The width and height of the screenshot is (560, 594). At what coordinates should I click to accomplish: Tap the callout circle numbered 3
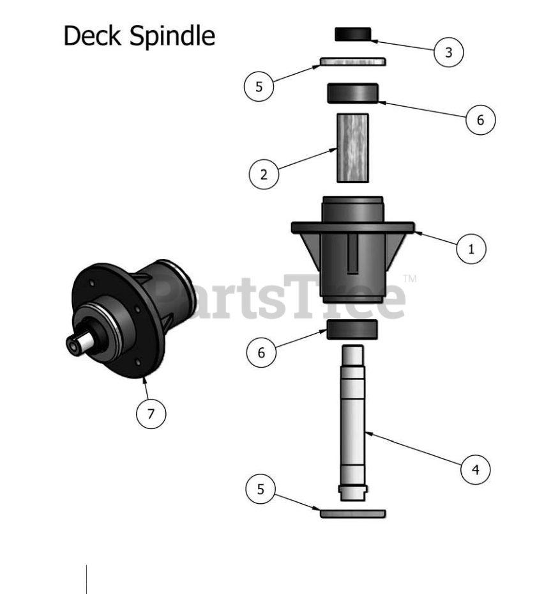(x=448, y=52)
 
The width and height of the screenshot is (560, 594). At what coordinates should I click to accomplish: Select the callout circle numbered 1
(x=471, y=249)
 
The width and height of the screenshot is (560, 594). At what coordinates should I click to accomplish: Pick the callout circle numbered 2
(x=264, y=175)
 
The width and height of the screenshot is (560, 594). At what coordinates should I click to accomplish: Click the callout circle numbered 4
(x=475, y=470)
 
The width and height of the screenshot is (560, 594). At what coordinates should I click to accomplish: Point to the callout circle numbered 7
(x=151, y=413)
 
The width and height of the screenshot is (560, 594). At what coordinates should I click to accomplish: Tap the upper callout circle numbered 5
(x=259, y=87)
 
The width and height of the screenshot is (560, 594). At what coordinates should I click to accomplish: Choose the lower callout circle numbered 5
(x=261, y=490)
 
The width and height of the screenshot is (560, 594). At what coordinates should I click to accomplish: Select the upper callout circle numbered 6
(x=480, y=120)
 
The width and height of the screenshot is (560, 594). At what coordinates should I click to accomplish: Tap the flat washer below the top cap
(x=352, y=62)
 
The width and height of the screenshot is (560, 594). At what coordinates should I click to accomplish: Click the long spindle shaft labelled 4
(x=352, y=422)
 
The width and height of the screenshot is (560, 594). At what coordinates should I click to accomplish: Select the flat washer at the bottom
(x=352, y=513)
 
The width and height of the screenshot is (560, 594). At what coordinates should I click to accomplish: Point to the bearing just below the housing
(x=352, y=330)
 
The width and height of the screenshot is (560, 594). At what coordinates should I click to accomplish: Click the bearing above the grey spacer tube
(x=353, y=93)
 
